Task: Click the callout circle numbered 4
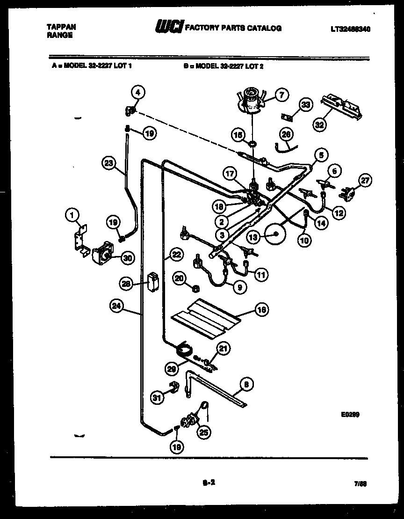137,92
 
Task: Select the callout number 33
305,105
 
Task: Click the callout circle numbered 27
365,179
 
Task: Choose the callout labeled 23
108,163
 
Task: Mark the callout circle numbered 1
71,215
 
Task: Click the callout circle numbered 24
116,306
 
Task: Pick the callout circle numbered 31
157,397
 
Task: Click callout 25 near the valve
203,432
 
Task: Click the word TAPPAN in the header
61,27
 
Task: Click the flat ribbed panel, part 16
206,317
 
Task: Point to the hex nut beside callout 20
197,287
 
